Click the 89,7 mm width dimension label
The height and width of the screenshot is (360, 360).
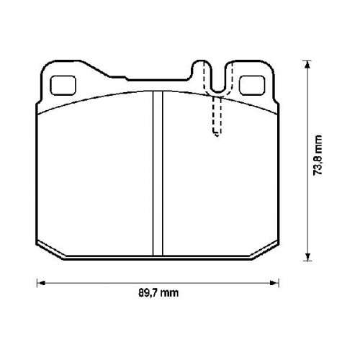click(158, 293)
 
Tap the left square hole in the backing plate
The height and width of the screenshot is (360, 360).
click(63, 85)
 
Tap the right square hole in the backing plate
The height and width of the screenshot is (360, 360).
click(252, 85)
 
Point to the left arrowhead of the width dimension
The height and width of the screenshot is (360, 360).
click(41, 284)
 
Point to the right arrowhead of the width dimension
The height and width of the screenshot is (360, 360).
click(274, 284)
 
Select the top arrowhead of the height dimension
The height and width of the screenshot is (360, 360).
click(307, 64)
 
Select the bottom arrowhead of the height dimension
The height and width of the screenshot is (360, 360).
click(307, 256)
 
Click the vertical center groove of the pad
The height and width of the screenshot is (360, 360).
click(158, 174)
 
